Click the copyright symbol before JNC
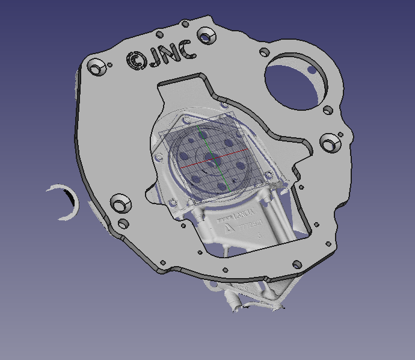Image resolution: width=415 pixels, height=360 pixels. [136, 60]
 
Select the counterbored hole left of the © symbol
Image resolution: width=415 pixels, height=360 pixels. [96, 66]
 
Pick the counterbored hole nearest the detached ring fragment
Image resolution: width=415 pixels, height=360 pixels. [119, 203]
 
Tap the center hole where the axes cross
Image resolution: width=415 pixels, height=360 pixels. [211, 158]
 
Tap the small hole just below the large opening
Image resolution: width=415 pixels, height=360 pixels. [328, 110]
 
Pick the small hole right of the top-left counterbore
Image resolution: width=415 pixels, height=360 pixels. [111, 64]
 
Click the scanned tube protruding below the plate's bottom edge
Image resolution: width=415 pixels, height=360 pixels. [230, 301]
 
